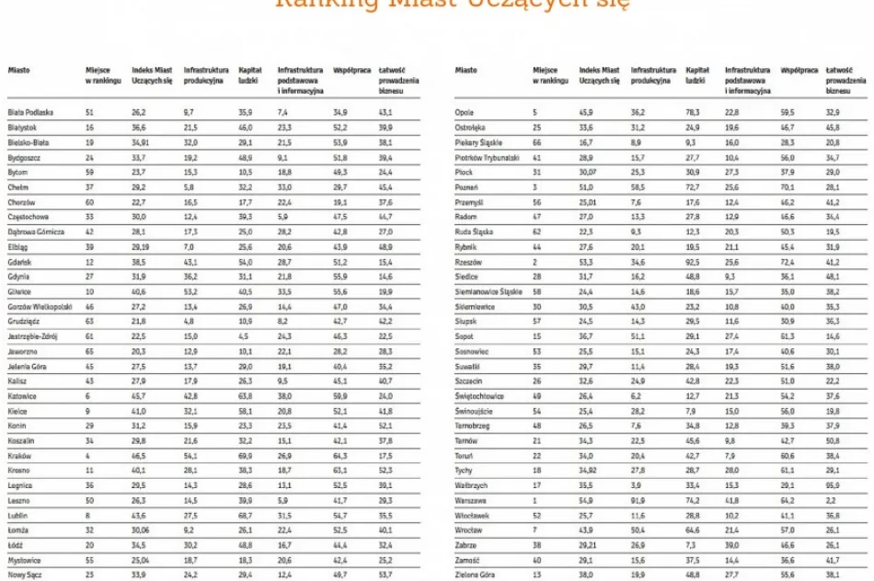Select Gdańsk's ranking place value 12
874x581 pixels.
(89, 262)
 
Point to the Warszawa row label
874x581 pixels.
(471, 501)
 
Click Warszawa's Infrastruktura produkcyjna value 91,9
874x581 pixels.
(638, 501)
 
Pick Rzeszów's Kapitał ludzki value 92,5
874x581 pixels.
(694, 262)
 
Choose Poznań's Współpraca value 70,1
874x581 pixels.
(788, 187)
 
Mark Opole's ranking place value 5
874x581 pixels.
(535, 112)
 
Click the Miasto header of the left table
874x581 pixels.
(18, 70)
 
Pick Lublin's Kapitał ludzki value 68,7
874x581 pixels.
(245, 516)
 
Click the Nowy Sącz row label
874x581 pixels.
(24, 575)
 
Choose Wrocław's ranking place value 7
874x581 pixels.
(535, 530)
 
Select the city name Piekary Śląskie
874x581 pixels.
(479, 142)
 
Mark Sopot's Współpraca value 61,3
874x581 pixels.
(788, 336)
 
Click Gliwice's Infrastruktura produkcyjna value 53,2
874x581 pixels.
(190, 291)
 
